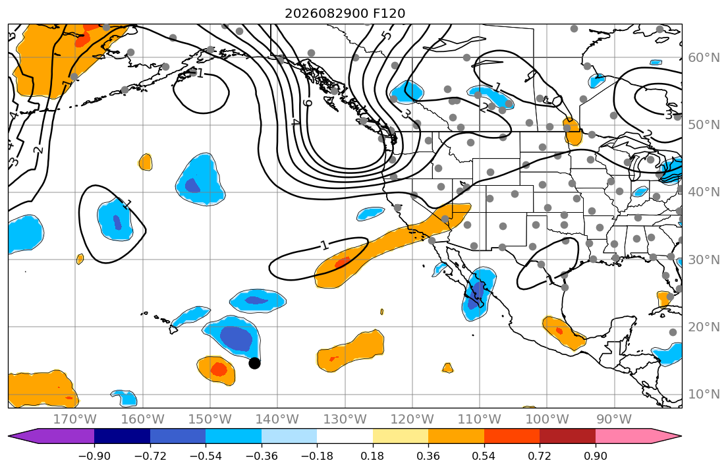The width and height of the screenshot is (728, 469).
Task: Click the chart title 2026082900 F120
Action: tap(345, 13)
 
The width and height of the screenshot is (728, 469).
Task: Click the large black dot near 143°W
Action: tap(254, 363)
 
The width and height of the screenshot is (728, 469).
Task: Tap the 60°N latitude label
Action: tap(704, 57)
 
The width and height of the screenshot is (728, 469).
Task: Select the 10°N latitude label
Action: tap(704, 395)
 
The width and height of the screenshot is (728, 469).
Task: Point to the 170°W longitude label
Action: tap(75, 420)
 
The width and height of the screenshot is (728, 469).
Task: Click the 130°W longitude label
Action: tap(345, 420)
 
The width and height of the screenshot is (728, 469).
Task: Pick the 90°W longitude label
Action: tap(614, 420)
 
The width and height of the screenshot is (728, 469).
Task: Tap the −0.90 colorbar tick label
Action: tap(94, 456)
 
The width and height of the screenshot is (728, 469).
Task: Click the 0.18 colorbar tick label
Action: tap(373, 456)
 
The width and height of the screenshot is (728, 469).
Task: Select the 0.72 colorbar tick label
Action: tap(540, 456)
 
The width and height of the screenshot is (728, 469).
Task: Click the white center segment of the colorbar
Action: tap(345, 437)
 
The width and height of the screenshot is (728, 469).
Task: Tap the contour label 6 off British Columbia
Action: tap(308, 102)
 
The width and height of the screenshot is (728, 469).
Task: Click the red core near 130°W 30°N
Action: tap(343, 262)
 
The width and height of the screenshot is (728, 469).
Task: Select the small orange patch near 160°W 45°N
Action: tap(146, 162)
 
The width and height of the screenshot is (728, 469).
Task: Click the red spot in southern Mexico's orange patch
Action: tap(559, 331)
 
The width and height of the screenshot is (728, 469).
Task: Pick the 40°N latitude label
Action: tap(704, 192)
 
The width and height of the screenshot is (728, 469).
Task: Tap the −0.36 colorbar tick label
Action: tap(262, 456)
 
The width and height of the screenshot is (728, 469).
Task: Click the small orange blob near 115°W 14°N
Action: tap(447, 368)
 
